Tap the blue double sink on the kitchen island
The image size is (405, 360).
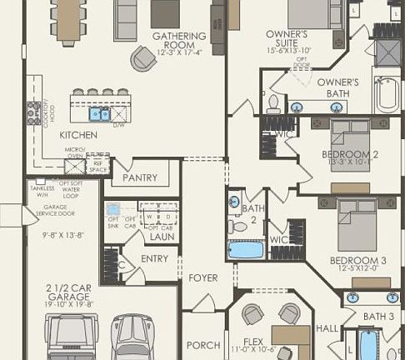tap(100, 114)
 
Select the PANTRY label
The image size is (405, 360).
tap(140, 177)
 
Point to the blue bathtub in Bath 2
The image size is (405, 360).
tap(246, 249)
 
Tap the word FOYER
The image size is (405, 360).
tap(203, 277)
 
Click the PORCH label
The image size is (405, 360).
tap(204, 345)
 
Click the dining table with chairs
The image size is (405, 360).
tap(66, 21)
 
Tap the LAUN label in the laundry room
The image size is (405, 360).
tap(162, 237)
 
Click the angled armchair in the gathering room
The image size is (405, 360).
tap(142, 58)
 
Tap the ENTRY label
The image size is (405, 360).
tap(155, 260)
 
